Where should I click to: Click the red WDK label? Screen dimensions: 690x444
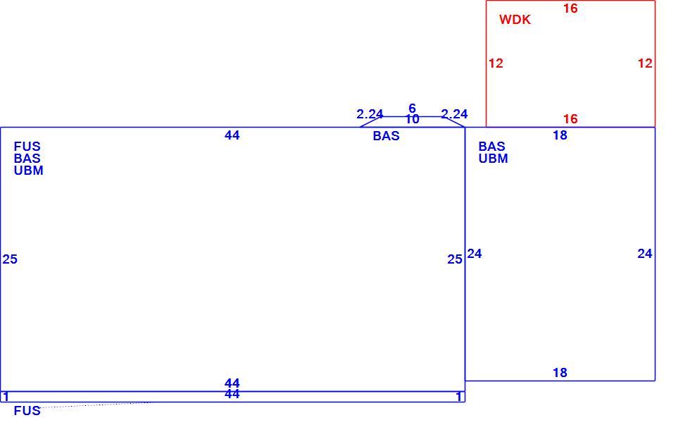(x=515, y=20)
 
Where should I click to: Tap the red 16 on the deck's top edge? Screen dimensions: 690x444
(x=570, y=8)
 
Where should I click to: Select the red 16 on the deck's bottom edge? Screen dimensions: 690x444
(x=570, y=119)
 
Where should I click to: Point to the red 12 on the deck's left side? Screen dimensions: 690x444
(x=496, y=63)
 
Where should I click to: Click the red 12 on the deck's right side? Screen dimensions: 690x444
(x=645, y=63)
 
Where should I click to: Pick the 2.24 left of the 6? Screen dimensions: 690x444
(x=370, y=114)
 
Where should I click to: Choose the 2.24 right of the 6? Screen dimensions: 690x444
(x=454, y=114)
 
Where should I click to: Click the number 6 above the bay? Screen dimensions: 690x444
(x=412, y=108)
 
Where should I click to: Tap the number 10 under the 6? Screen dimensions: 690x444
(x=412, y=119)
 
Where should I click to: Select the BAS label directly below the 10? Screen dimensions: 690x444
(x=386, y=135)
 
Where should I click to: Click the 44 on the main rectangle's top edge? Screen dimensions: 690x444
(x=232, y=135)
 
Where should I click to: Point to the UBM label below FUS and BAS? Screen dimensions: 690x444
(x=29, y=171)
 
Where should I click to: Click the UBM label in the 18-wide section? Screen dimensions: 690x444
(x=494, y=158)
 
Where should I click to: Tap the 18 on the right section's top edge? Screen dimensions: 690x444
(x=560, y=135)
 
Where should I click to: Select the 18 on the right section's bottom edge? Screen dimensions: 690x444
(x=560, y=373)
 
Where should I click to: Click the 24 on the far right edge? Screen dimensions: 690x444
(x=645, y=254)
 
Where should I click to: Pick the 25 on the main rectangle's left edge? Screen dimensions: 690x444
(x=10, y=259)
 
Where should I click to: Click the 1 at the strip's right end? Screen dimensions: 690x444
(x=458, y=397)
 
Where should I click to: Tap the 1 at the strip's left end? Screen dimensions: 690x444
(x=6, y=397)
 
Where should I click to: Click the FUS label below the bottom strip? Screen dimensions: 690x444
(x=27, y=411)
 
